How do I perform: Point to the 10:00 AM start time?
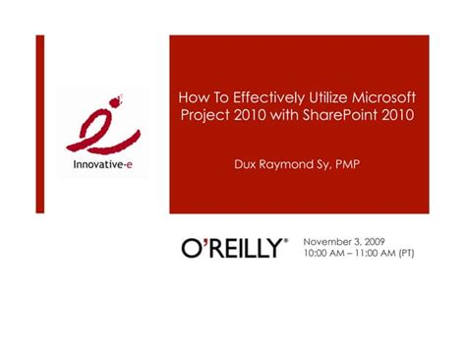click(x=322, y=254)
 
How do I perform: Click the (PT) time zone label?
click(x=405, y=254)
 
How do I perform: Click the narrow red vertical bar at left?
click(x=40, y=123)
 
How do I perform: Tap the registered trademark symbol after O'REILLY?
click(x=286, y=240)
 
